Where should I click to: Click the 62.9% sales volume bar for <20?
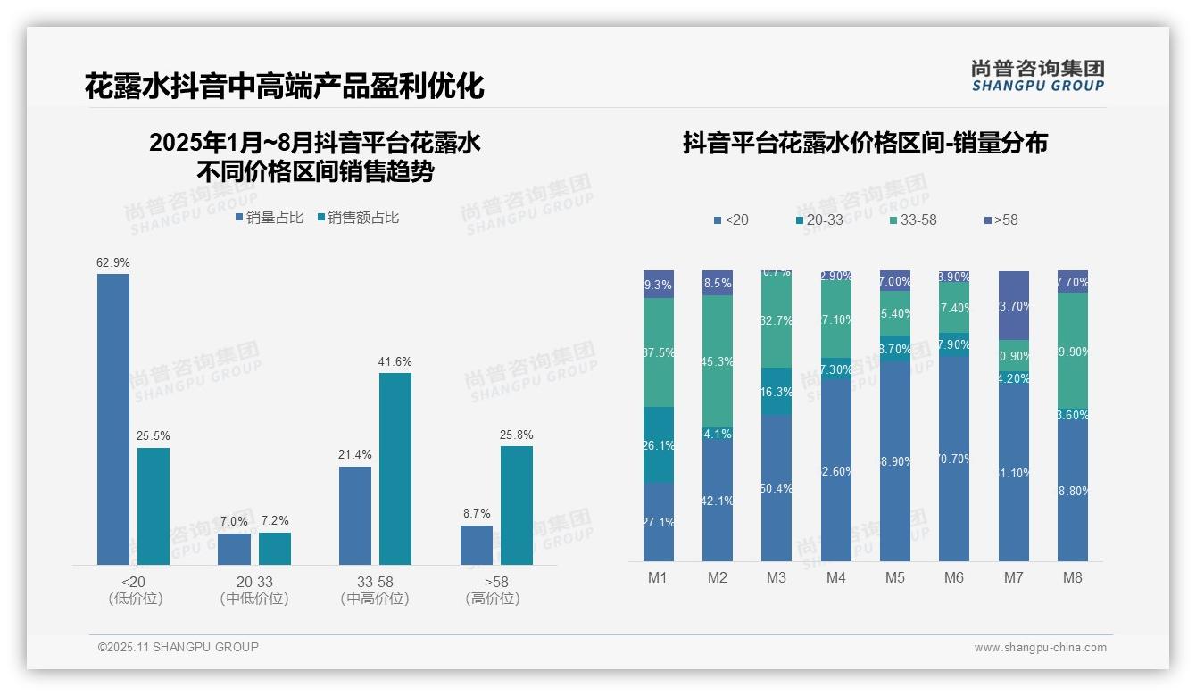[113, 418]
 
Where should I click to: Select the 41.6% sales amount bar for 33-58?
[395, 468]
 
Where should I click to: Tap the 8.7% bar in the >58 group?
[477, 544]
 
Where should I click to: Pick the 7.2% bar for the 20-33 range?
[275, 548]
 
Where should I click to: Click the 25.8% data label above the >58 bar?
[517, 435]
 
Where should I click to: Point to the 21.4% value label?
[355, 455]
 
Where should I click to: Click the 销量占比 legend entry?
[269, 218]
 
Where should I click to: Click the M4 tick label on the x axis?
[835, 577]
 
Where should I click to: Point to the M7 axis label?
[1013, 577]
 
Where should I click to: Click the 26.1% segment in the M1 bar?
[659, 444]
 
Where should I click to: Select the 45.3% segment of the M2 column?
[718, 360]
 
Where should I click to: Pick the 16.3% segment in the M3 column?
[777, 391]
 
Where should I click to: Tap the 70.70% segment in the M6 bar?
[954, 459]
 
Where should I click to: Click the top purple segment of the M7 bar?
[1013, 305]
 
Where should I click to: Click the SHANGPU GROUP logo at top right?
[1038, 75]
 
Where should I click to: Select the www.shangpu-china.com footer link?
[1040, 648]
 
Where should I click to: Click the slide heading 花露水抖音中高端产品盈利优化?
[284, 87]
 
